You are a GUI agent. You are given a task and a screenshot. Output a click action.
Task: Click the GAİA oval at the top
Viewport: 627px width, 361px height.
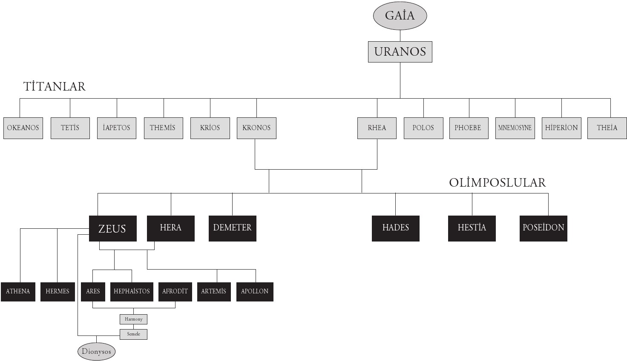click(400, 16)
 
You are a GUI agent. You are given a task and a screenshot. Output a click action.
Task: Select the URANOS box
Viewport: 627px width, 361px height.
click(400, 52)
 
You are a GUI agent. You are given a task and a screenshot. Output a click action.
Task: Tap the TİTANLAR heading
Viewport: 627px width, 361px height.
click(54, 86)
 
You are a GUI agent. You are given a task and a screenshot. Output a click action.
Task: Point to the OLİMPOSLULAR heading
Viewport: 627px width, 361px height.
click(498, 183)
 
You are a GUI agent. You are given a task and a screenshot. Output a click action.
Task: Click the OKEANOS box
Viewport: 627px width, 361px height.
click(23, 128)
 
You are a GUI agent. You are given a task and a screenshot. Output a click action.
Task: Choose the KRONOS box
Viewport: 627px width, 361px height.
click(256, 128)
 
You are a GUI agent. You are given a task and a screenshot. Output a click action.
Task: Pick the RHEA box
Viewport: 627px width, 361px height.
click(377, 128)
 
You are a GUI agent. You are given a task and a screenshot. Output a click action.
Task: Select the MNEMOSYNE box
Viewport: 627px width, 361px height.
click(515, 128)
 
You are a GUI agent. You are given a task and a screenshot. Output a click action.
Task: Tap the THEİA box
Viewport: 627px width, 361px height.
click(607, 128)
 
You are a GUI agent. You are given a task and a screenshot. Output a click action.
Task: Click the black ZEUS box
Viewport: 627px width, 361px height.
click(113, 228)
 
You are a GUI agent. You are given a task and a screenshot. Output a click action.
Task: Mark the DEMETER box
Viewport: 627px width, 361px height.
click(232, 228)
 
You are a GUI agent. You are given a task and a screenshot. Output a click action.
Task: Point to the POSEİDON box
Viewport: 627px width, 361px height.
click(544, 228)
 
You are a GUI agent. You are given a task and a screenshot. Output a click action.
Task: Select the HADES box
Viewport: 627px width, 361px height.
click(396, 228)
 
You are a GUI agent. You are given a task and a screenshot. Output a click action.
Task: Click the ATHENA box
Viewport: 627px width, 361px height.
click(18, 292)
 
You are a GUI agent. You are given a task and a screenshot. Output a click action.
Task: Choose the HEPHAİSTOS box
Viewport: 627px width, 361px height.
click(132, 292)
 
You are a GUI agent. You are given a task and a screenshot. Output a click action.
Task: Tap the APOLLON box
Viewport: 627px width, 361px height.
click(255, 292)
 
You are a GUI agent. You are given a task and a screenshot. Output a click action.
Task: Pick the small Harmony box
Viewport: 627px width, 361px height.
click(133, 319)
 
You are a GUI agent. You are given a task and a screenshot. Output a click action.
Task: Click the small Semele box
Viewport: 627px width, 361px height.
click(133, 335)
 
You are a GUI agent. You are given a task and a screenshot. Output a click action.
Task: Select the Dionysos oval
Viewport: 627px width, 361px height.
click(96, 352)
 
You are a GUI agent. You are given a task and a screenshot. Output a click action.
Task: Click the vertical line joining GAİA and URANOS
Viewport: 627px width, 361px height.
click(400, 36)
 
